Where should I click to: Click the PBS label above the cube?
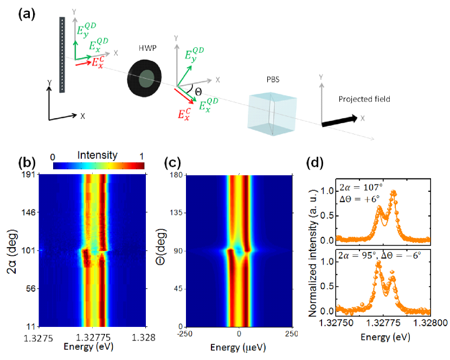tap(266, 78)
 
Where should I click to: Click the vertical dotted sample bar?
tap(62, 54)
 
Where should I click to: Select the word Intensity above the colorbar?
tap(98, 156)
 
